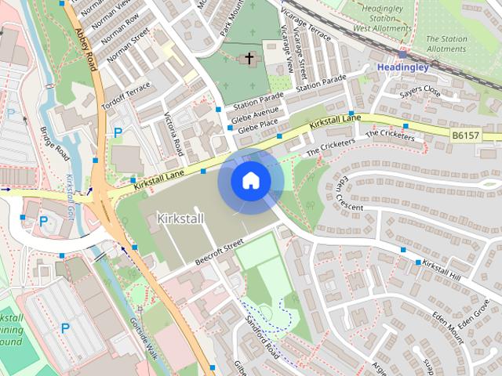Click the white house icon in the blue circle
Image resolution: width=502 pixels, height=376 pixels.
pos(250,181)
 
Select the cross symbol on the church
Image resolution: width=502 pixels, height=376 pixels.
pos(250,58)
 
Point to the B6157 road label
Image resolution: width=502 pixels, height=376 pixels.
pos(466,136)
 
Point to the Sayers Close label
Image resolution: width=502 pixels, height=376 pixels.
pos(420,93)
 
